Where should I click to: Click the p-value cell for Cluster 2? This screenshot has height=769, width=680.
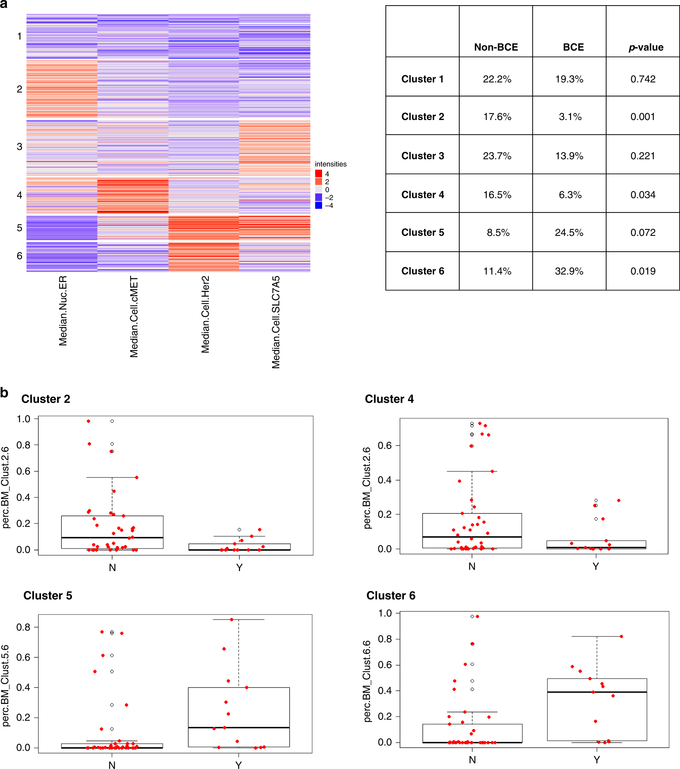pyautogui.click(x=642, y=117)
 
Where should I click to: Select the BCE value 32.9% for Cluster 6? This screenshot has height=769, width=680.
pyautogui.click(x=569, y=271)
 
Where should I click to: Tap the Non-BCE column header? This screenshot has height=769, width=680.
pyautogui.click(x=496, y=47)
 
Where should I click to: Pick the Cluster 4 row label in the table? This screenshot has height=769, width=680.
pyautogui.click(x=422, y=194)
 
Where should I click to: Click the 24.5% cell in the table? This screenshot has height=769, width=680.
pyautogui.click(x=569, y=232)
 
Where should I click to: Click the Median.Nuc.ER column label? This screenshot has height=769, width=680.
pyautogui.click(x=63, y=310)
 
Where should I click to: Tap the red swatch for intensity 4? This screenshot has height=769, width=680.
pyautogui.click(x=319, y=173)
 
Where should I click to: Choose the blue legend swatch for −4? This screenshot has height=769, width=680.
pyautogui.click(x=319, y=206)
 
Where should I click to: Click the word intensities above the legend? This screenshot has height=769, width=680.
pyautogui.click(x=331, y=164)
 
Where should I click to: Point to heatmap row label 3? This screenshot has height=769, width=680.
pyautogui.click(x=20, y=147)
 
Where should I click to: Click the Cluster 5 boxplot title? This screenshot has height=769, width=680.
pyautogui.click(x=48, y=596)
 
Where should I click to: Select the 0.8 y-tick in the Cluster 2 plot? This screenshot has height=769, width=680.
pyautogui.click(x=23, y=445)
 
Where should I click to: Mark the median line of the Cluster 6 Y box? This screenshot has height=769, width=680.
pyautogui.click(x=597, y=692)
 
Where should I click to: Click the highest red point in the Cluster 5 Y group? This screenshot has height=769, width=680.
pyautogui.click(x=232, y=620)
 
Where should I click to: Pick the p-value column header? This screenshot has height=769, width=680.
pyautogui.click(x=646, y=47)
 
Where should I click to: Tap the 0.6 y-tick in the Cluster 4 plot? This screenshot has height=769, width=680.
pyautogui.click(x=384, y=446)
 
